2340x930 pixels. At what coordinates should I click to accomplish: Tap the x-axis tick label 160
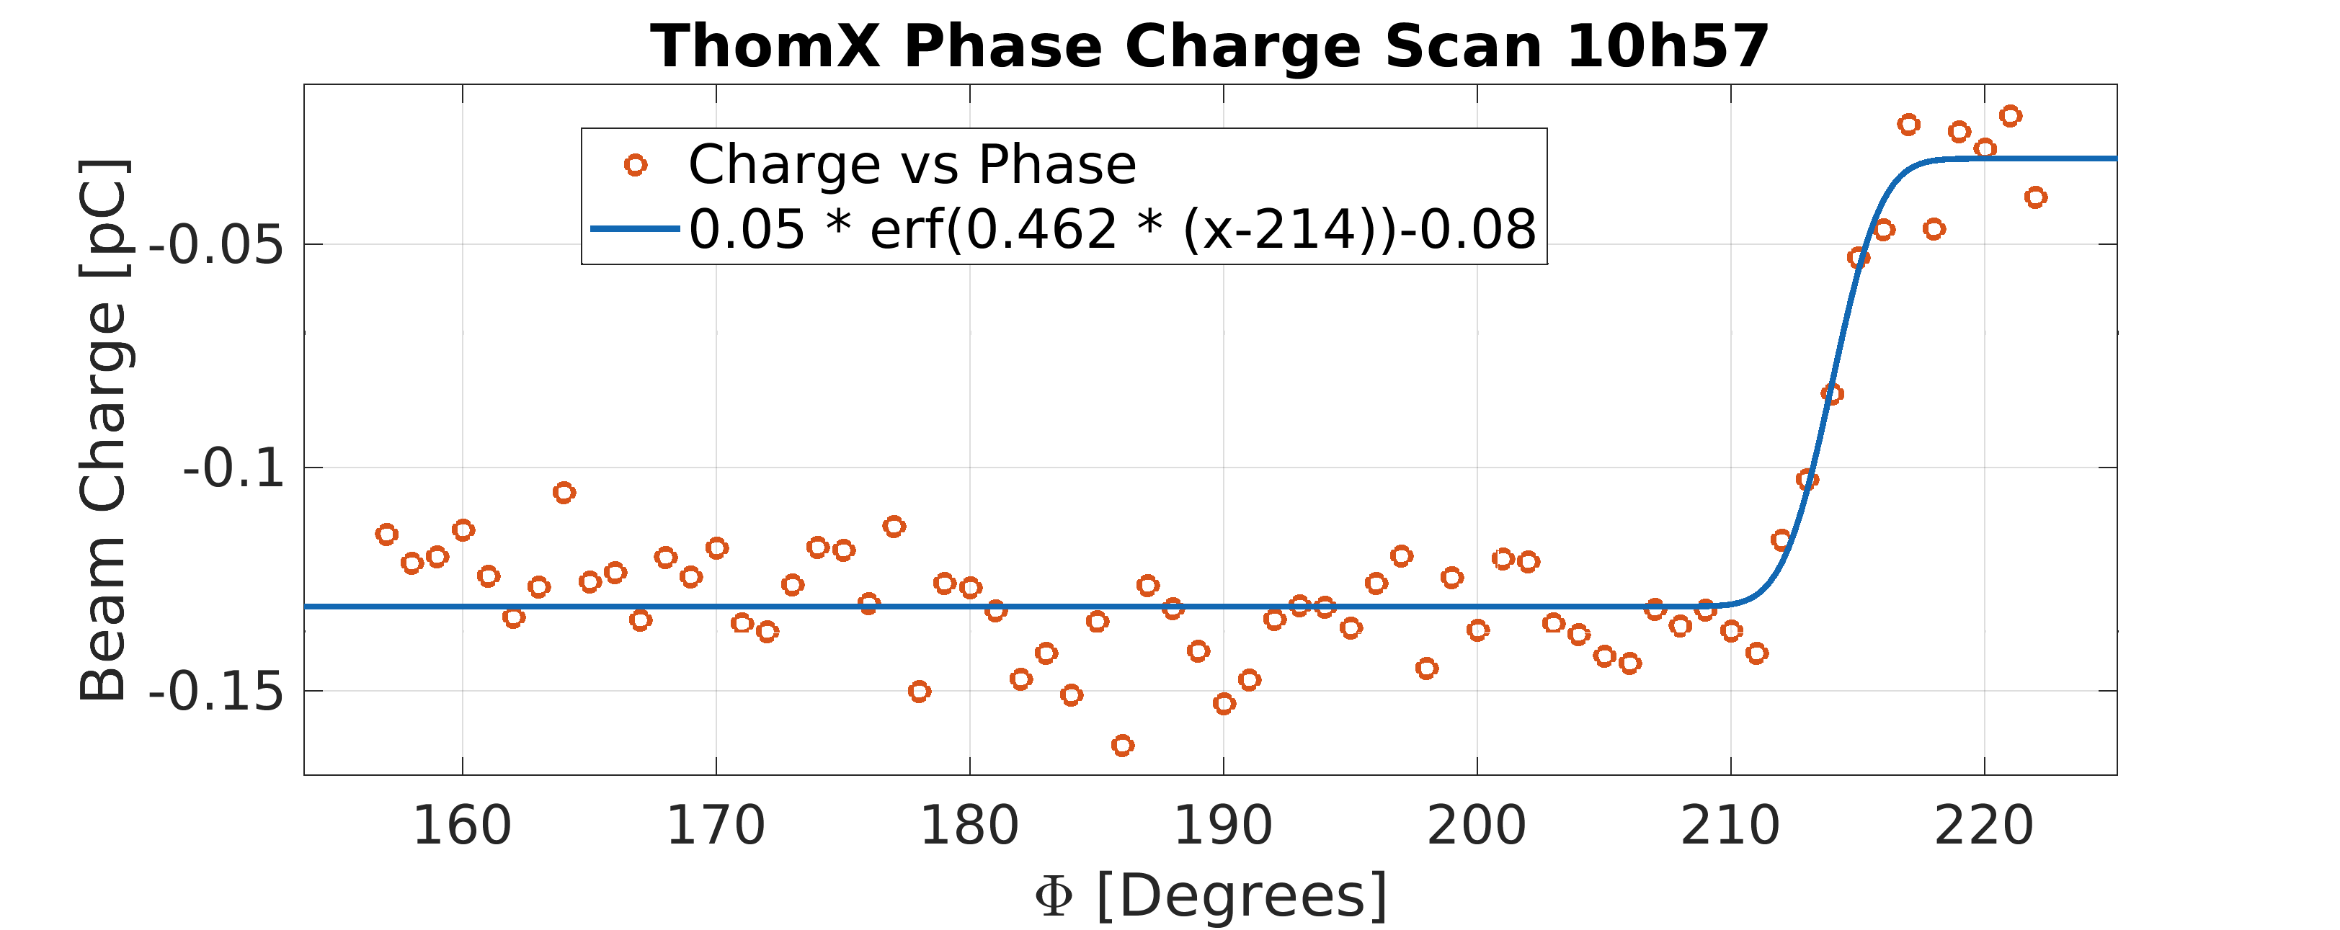[463, 826]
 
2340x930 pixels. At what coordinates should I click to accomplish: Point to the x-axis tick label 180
[969, 826]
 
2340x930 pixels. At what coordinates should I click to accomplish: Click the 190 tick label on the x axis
[1224, 826]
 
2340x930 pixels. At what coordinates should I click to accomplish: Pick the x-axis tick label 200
[1477, 826]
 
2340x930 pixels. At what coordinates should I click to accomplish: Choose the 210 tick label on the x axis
[1730, 826]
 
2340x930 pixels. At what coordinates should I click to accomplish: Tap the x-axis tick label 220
[1984, 826]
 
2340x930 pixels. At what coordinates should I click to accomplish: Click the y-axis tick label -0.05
[217, 245]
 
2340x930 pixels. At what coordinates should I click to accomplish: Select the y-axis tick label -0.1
[234, 469]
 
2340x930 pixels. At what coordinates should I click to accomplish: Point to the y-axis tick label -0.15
[217, 692]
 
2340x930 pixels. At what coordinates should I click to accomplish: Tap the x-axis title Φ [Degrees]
[1211, 896]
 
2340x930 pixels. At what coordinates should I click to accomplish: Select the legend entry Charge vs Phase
[912, 165]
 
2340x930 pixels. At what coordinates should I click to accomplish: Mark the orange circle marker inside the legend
[636, 165]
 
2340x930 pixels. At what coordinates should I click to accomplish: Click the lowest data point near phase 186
[1123, 746]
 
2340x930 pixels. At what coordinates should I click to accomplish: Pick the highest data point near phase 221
[2010, 115]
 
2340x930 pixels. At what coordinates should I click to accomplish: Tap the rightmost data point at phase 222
[2036, 197]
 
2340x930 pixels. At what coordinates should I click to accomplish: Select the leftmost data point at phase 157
[387, 534]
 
